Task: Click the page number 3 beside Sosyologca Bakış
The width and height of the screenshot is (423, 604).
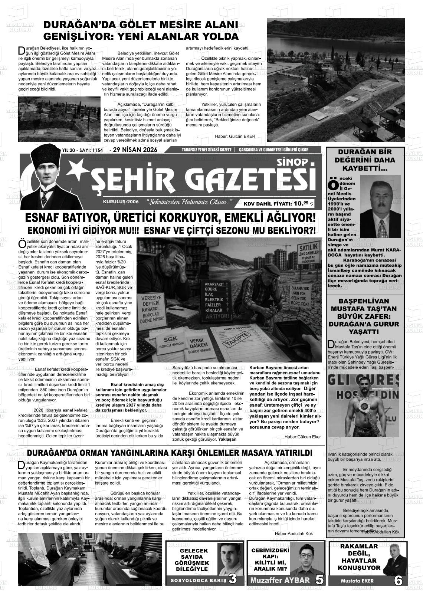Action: point(233,579)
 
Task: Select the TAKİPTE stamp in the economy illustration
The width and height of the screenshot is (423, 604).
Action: point(235,339)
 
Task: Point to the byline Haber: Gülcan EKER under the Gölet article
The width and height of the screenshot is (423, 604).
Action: point(235,136)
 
